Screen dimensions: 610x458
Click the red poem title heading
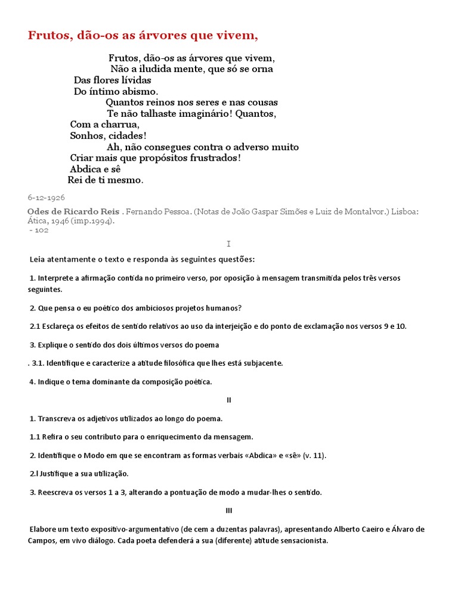[x=143, y=36]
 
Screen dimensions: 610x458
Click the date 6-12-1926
[x=46, y=197]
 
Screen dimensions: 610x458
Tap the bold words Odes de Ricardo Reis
[x=73, y=211]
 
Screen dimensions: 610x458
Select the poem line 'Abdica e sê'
[x=95, y=169]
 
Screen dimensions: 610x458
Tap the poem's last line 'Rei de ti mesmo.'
[x=106, y=180]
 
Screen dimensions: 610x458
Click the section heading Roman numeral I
[x=228, y=244]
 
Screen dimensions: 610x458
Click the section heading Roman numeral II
[x=228, y=400]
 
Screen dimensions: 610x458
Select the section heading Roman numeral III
[x=229, y=511]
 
